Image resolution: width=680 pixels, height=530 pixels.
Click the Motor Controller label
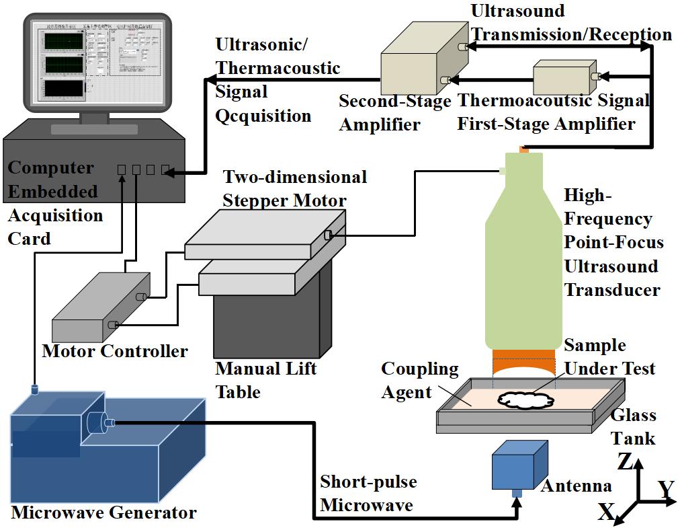pyautogui.click(x=115, y=350)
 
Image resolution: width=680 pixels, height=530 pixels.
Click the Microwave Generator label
pyautogui.click(x=104, y=513)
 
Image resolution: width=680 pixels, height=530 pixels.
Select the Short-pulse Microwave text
pyautogui.click(x=368, y=493)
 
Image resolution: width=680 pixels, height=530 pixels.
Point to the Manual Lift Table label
pyautogui.click(x=266, y=380)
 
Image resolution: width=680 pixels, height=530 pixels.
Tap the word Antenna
pyautogui.click(x=577, y=486)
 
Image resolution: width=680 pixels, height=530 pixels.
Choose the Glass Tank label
pyautogui.click(x=633, y=427)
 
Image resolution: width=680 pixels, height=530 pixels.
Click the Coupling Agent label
pyautogui.click(x=419, y=380)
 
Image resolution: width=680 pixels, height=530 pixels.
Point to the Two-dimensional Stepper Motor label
pyautogui.click(x=295, y=188)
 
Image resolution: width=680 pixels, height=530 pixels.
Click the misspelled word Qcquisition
pyautogui.click(x=263, y=116)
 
